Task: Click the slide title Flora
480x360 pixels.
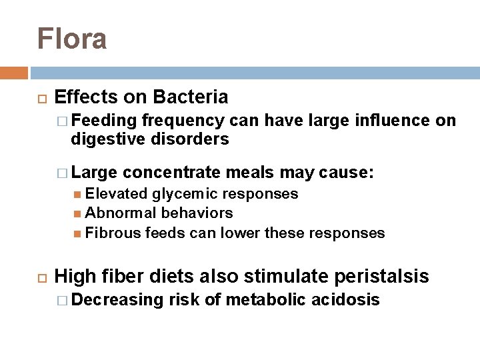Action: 72,38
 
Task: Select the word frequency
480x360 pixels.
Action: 183,121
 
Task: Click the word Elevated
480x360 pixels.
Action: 116,194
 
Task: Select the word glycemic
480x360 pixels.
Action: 183,194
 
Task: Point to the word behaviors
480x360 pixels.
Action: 198,213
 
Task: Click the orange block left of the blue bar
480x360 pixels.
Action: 14,73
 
